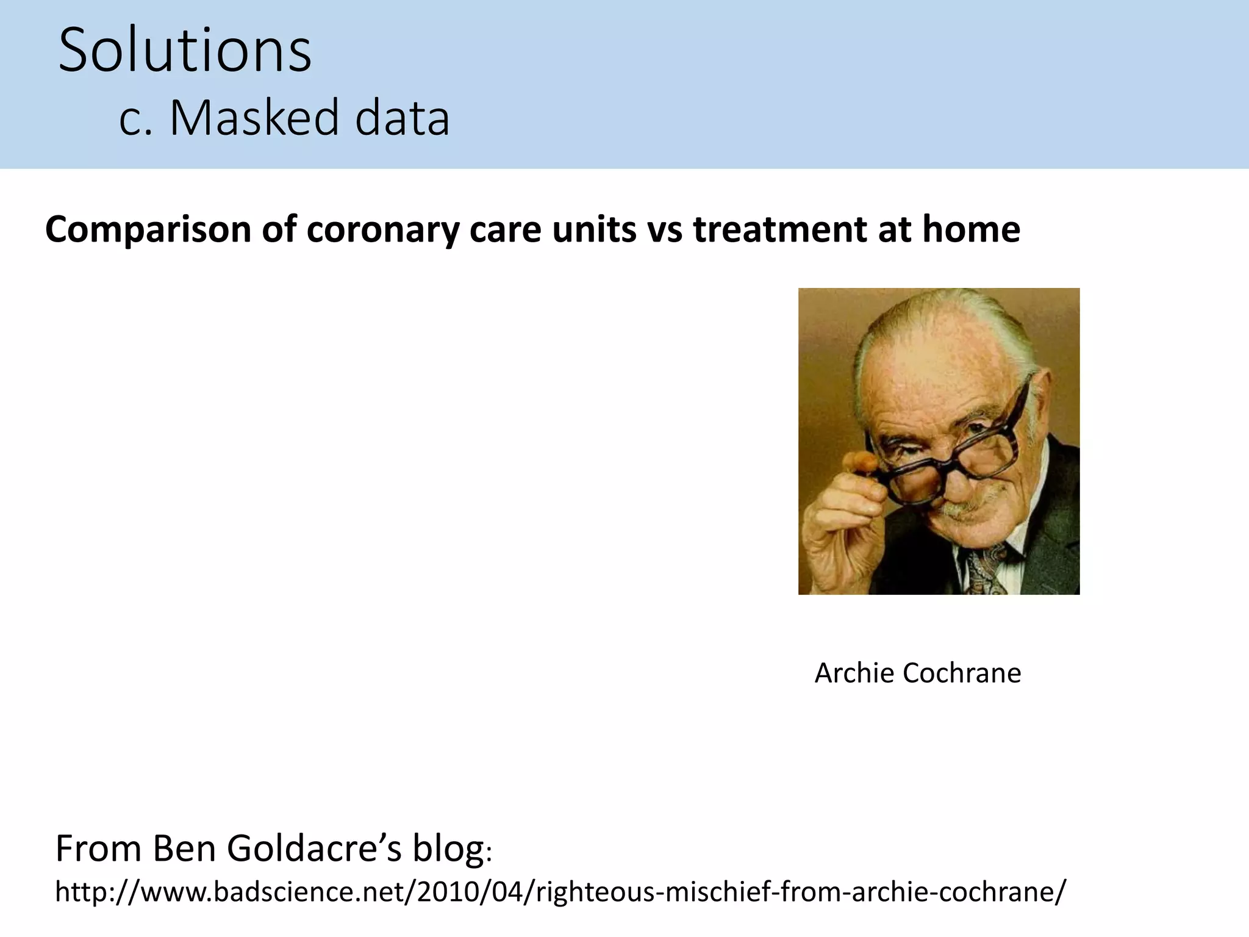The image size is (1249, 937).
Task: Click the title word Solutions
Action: coord(185,51)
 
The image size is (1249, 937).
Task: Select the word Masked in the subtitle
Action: coord(254,118)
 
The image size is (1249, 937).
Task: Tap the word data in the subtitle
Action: coord(403,118)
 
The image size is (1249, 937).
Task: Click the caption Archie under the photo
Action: coord(854,673)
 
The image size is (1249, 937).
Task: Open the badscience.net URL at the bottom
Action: coord(560,891)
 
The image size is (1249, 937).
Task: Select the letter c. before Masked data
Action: coord(135,118)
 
